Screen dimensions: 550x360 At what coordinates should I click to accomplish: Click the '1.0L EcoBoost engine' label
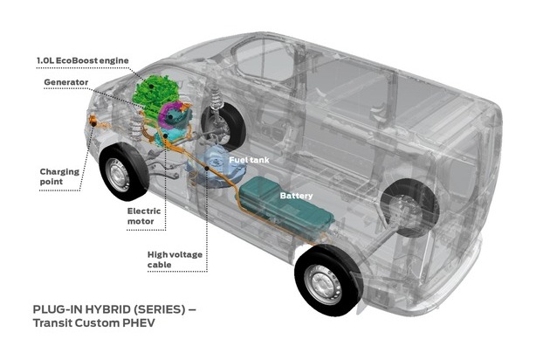(83, 60)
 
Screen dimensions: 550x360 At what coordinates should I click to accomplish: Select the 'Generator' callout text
(66, 82)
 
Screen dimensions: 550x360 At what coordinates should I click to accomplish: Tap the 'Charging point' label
(59, 177)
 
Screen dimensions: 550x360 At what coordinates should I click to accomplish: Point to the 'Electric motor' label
(144, 216)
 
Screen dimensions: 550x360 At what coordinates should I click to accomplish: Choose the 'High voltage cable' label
(175, 260)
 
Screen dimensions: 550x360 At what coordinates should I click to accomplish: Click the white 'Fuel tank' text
(249, 160)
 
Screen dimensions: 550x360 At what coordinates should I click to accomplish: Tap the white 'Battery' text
(296, 196)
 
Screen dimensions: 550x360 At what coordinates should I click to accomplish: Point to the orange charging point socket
(93, 121)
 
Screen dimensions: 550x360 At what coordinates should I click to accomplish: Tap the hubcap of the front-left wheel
(118, 175)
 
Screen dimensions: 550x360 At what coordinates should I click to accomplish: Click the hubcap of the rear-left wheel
(323, 284)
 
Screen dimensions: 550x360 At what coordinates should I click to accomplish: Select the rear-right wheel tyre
(409, 207)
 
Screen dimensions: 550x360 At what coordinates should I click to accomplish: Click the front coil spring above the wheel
(217, 94)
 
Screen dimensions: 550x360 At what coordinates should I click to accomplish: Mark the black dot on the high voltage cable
(207, 169)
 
